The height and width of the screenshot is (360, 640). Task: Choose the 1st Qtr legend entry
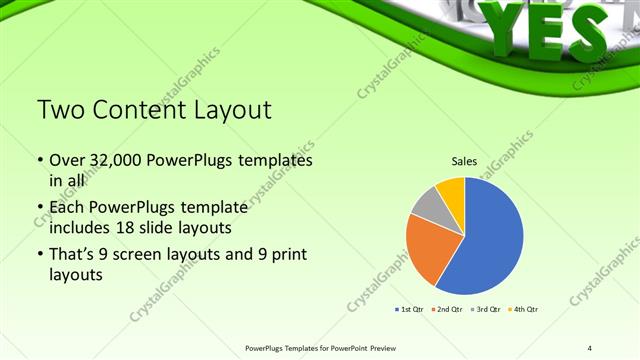(411, 309)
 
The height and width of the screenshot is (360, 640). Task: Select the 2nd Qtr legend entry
(446, 309)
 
